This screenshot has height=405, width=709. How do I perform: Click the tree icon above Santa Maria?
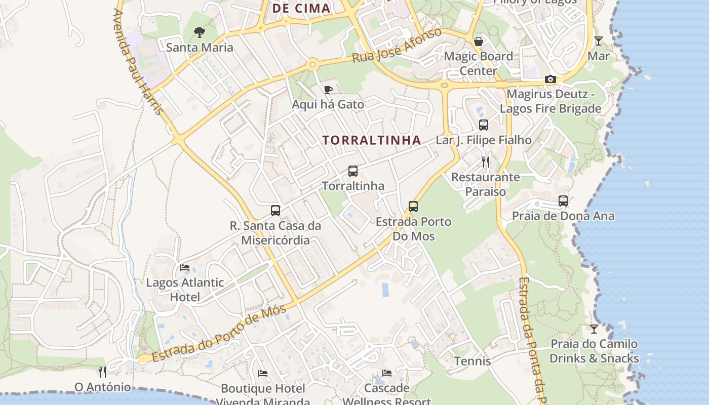click(200, 32)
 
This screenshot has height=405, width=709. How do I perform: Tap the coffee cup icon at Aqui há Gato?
click(328, 90)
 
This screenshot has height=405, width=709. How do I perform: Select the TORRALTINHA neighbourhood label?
click(372, 140)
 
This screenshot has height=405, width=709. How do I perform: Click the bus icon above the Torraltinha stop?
click(353, 171)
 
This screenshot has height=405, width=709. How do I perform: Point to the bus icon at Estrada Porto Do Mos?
click(413, 207)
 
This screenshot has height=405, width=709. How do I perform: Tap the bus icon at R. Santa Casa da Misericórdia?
click(275, 211)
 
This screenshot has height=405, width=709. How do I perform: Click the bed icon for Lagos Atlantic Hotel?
click(185, 267)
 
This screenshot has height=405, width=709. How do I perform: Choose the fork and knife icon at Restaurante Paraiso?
click(486, 162)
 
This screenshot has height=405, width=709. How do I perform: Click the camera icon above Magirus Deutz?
click(550, 79)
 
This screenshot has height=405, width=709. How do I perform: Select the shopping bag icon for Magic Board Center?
click(478, 41)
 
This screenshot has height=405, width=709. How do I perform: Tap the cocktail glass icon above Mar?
click(599, 41)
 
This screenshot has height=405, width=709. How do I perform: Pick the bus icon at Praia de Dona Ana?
click(563, 201)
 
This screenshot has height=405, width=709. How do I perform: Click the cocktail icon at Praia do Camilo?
click(594, 329)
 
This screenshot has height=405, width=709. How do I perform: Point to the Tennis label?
click(472, 361)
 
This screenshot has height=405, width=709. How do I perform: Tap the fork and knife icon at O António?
click(102, 372)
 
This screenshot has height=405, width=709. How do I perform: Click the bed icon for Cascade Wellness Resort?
click(387, 373)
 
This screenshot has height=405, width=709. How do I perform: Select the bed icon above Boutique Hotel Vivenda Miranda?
click(263, 374)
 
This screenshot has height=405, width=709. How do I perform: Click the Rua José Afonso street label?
click(397, 46)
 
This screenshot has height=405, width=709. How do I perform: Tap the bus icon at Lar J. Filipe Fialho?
click(484, 125)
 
